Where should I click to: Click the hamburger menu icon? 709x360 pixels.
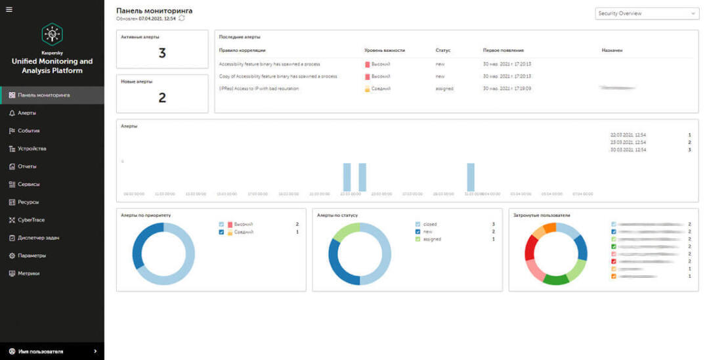coord(9,9)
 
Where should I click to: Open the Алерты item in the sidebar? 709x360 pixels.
coord(27,113)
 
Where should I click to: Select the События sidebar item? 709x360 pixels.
coord(29,131)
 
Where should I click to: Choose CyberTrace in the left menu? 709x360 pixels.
coord(31,220)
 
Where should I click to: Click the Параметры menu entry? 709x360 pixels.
coord(32,256)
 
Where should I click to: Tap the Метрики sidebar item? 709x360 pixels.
coord(29,273)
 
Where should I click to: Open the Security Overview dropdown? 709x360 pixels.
coord(647,13)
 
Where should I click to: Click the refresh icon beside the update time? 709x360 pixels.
coord(182,18)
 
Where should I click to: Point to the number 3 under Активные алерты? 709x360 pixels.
coord(162,54)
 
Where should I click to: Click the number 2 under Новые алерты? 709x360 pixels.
coord(162,98)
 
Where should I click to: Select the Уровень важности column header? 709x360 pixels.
coord(385,50)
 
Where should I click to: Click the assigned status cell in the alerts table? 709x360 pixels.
coord(444,89)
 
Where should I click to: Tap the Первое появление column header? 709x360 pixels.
coord(503,50)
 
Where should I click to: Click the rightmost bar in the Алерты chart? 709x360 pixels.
coord(471,177)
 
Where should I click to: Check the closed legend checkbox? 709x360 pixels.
coord(418,224)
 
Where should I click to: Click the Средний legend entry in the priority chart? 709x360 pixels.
coord(244,232)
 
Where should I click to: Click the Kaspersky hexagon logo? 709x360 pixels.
coord(52,34)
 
